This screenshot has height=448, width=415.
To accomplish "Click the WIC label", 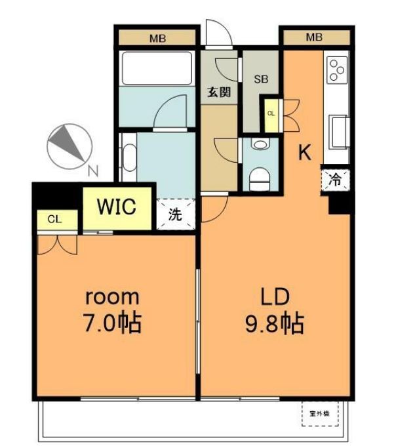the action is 117,206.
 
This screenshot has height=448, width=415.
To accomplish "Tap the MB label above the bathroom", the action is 157,38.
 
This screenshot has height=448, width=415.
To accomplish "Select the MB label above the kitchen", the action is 314,37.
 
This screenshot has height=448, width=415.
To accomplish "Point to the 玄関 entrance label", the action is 219,92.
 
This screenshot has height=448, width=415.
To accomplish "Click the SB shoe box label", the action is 261,79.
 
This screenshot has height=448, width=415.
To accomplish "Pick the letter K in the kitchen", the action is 304,152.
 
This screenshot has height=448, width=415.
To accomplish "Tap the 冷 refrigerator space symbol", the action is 335,180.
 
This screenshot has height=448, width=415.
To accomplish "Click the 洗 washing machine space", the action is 176,214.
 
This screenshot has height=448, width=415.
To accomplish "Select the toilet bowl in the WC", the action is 260,179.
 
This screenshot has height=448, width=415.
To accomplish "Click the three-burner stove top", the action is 338,70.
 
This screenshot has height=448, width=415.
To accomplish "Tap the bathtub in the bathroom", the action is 157,68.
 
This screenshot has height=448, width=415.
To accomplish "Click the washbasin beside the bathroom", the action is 129,157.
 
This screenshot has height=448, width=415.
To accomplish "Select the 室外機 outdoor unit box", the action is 320,413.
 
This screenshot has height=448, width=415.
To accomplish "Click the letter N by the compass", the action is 93,171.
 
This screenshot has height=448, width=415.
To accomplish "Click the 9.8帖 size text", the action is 275,324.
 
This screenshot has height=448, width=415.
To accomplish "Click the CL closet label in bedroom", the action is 54,219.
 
